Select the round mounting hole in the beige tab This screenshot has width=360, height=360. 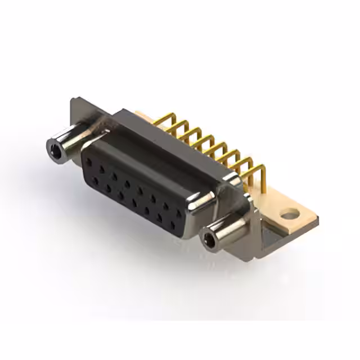point(290,214)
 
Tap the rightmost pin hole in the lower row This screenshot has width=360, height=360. point(173,224)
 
